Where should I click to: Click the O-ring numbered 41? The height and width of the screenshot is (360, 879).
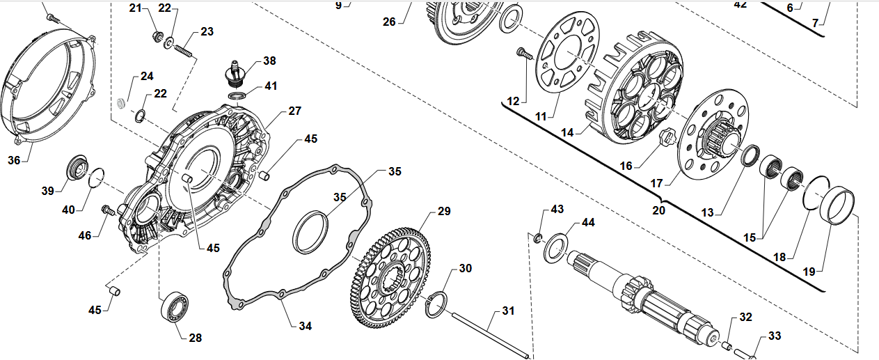point(237,94)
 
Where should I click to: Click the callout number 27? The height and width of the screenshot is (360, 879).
point(294,111)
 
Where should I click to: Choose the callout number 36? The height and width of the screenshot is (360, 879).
point(14,160)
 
